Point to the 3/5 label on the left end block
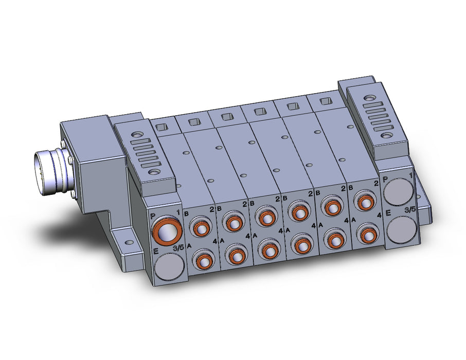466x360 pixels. tap(178, 248)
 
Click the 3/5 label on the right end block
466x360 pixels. tap(410, 210)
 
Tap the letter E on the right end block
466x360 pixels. tap(388, 212)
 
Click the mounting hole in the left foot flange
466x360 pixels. tap(129, 243)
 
